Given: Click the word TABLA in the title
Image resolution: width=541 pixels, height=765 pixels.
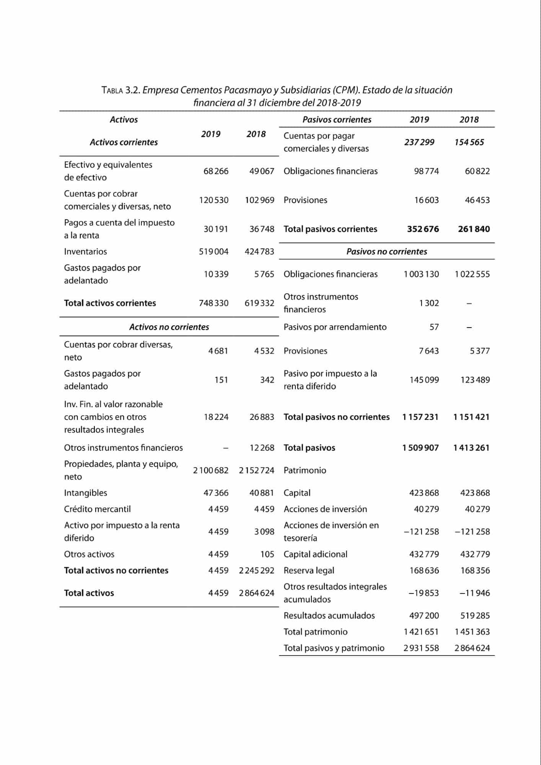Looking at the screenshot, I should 112,91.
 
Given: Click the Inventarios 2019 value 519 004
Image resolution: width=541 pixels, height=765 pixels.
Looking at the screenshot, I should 213,251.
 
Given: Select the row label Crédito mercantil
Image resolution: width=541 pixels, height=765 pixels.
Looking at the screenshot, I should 97,509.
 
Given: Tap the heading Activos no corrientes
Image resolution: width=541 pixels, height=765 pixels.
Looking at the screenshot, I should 169,327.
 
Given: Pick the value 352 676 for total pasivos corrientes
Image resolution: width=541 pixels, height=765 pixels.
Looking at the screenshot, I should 423,229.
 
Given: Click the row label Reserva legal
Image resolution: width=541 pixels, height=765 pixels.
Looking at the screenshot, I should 309,570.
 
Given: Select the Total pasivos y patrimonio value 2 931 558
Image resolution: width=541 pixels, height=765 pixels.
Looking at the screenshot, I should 421,648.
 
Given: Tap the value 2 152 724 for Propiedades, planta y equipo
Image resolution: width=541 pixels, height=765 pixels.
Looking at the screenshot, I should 256,470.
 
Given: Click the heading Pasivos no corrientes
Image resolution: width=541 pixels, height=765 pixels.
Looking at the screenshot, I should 386,251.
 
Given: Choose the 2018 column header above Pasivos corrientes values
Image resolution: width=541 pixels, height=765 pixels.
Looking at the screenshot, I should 469,119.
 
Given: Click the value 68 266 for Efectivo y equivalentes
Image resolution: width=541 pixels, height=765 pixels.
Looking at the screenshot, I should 216,171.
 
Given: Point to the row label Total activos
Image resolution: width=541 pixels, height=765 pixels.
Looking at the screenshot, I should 89,593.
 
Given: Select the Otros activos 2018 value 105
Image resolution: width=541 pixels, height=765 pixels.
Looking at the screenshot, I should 267,554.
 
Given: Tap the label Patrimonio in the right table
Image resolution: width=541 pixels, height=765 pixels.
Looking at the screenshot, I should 305,470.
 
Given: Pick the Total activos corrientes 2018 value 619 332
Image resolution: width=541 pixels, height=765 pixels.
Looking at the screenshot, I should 259,303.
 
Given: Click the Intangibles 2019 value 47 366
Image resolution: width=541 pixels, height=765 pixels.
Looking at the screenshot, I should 216,493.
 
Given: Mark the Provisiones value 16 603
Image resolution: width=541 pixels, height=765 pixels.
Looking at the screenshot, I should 426,200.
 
